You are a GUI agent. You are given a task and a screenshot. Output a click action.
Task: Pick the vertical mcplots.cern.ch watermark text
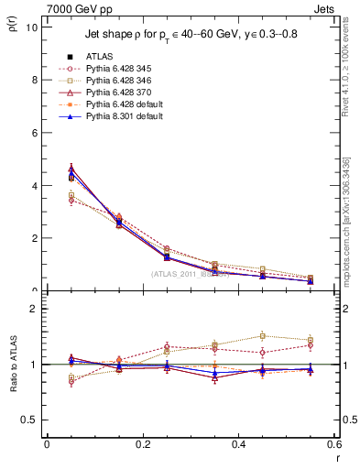348,220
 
